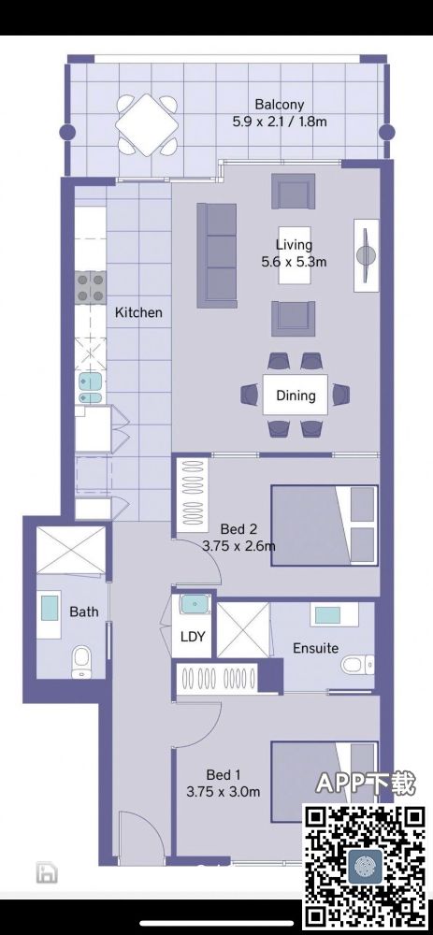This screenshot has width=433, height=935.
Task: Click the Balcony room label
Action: [x=279, y=105]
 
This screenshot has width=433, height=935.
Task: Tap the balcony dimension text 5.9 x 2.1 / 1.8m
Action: [x=280, y=122]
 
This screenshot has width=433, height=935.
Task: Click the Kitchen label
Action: [x=138, y=312]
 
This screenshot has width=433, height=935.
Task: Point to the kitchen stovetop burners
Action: [x=91, y=287]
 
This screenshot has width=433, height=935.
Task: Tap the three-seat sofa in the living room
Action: [x=217, y=255]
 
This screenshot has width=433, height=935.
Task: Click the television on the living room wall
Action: [x=367, y=255]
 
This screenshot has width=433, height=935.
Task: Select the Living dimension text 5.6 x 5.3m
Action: [x=294, y=261]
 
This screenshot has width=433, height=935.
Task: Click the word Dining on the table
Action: [x=296, y=395]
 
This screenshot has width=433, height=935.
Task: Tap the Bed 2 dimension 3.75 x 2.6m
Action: [x=239, y=546]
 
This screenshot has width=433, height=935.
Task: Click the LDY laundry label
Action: [x=193, y=636]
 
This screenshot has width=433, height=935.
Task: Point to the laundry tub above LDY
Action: [x=195, y=605]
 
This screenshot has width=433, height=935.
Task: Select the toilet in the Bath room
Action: [x=80, y=664]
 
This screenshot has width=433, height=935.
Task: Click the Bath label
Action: [x=84, y=611]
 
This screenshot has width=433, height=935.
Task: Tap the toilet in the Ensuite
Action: [x=358, y=664]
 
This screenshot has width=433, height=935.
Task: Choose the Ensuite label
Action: [x=315, y=648]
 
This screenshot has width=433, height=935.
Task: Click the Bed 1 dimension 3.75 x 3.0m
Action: [x=224, y=792]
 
